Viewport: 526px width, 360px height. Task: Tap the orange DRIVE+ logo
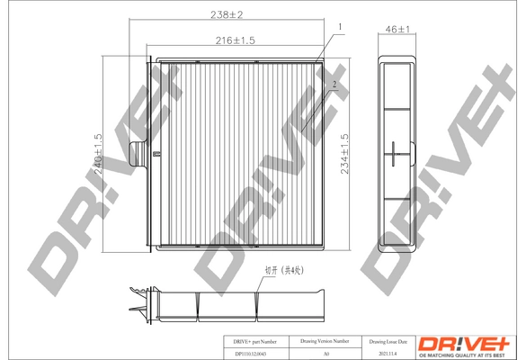coord(468,342)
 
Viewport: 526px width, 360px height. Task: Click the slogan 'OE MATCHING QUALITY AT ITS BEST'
coord(468,354)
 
